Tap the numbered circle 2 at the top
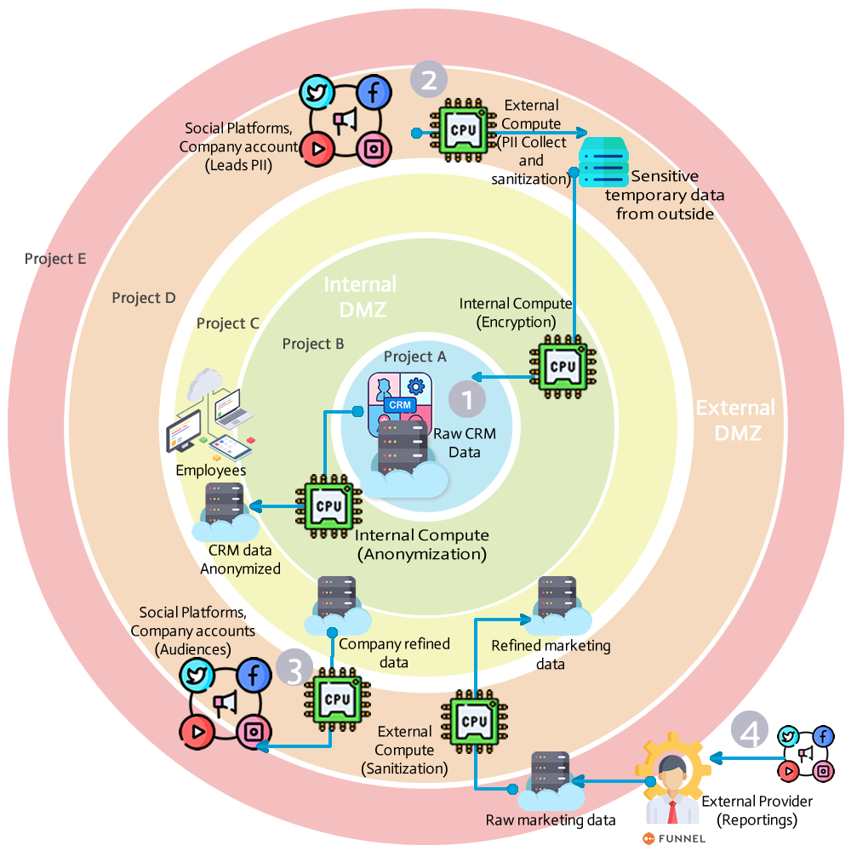(x=429, y=80)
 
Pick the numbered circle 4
(x=750, y=733)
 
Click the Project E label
(x=55, y=259)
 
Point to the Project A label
(x=414, y=357)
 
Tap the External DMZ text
(x=734, y=420)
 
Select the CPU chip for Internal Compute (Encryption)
(x=563, y=366)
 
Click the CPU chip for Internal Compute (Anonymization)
(x=328, y=506)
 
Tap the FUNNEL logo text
(x=681, y=837)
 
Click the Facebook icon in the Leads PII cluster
(x=371, y=91)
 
